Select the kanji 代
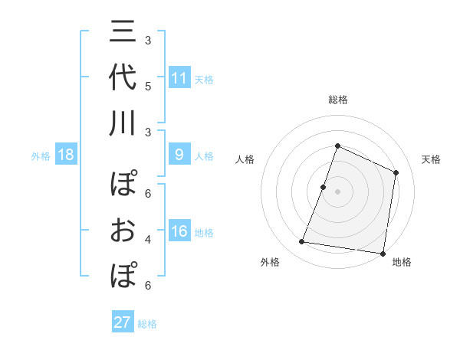click(x=123, y=79)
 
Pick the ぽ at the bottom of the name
click(x=123, y=274)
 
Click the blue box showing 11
click(x=179, y=78)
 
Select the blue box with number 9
click(x=179, y=155)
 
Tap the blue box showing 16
click(x=179, y=232)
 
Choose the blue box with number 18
click(x=65, y=155)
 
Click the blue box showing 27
click(x=123, y=322)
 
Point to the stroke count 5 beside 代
click(x=148, y=85)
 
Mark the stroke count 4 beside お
click(x=148, y=239)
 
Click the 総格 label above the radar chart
click(x=337, y=100)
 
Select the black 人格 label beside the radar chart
click(x=245, y=159)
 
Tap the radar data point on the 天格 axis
click(x=396, y=172)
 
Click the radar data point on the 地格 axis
click(x=383, y=253)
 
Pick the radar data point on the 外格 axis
click(x=302, y=242)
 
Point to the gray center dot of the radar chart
click(x=337, y=191)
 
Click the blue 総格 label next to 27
click(x=147, y=324)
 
